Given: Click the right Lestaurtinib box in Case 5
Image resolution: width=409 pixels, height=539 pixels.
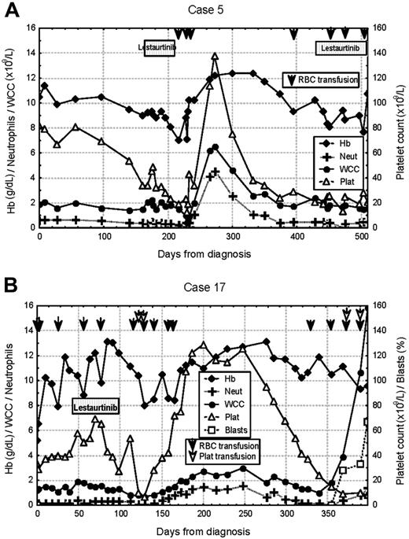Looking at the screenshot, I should (x=340, y=49).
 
